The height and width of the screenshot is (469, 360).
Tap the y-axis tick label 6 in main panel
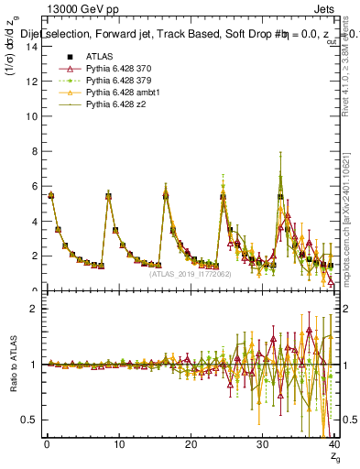click(x=33, y=186)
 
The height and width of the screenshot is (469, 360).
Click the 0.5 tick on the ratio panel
click(x=29, y=420)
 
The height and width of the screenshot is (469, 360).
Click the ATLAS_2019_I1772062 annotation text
click(x=189, y=273)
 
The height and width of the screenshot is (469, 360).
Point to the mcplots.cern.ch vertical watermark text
click(x=351, y=229)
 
